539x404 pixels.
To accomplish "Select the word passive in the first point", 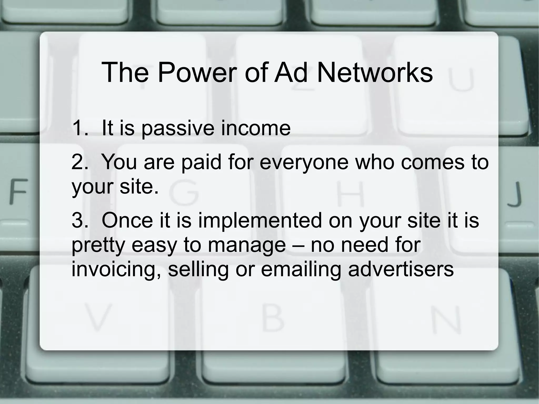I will (x=178, y=128).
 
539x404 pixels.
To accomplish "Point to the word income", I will (x=256, y=128).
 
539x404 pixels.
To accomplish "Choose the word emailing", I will (x=301, y=269).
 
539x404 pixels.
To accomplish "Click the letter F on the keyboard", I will (x=18, y=191).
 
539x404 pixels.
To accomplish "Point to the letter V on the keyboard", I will (x=98, y=317).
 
